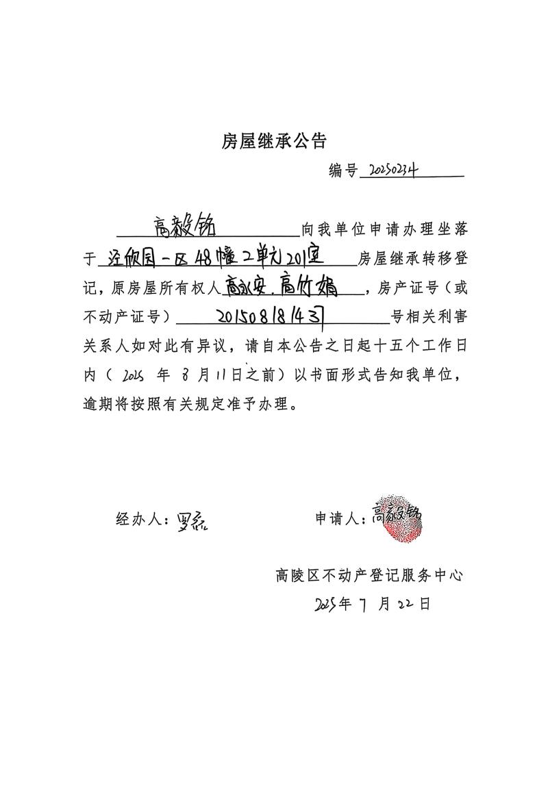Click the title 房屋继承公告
(x=274, y=142)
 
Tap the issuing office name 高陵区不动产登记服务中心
(x=369, y=575)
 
